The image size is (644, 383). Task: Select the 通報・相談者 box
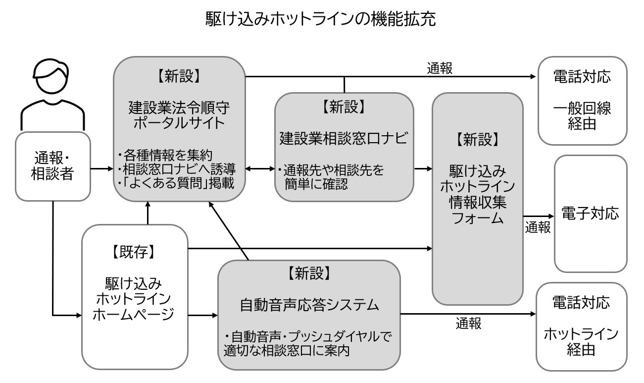(53, 166)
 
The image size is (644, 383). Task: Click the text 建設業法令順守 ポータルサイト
(179, 115)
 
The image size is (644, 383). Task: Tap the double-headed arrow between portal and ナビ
(260, 169)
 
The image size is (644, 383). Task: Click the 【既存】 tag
(134, 252)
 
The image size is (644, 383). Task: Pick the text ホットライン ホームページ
(134, 306)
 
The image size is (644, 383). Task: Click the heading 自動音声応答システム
(309, 305)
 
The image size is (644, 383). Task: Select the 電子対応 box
(590, 214)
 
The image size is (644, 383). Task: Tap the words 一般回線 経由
(582, 116)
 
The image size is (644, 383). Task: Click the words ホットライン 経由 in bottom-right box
(581, 342)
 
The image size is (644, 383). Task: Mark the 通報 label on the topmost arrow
(440, 69)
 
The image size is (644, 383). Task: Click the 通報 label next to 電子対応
(538, 227)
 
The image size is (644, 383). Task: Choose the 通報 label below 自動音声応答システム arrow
(468, 325)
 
